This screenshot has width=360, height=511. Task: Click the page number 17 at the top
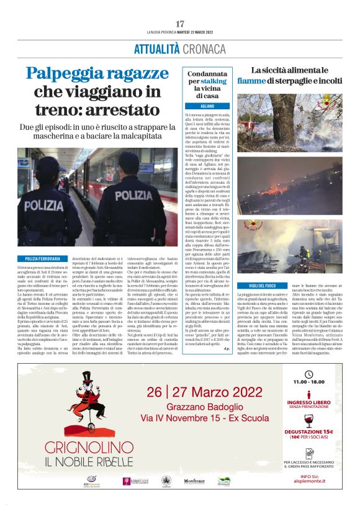point(180,23)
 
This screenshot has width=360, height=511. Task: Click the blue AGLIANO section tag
point(207,106)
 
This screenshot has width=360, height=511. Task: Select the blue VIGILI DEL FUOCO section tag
point(257,285)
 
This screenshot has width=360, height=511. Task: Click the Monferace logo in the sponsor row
point(194,481)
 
